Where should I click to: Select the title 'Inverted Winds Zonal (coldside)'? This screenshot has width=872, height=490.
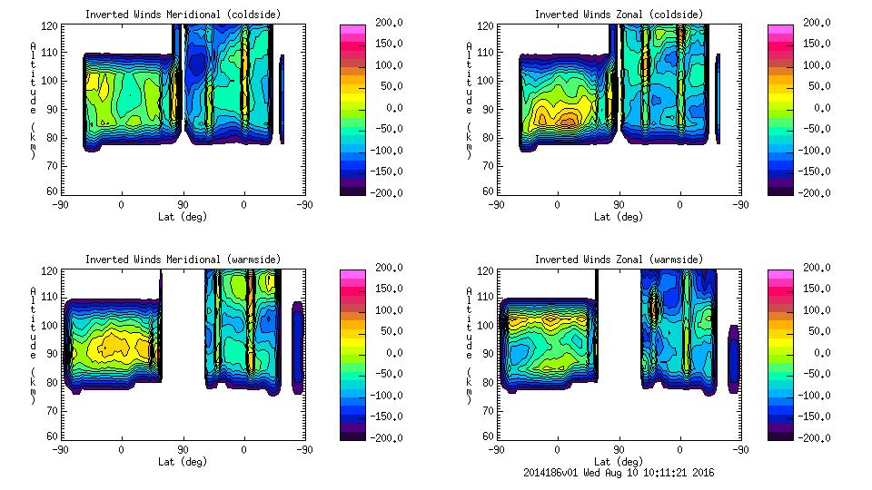(618, 15)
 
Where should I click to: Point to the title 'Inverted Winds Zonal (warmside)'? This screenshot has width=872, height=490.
(618, 260)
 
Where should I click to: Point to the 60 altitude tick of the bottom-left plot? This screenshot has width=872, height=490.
(54, 436)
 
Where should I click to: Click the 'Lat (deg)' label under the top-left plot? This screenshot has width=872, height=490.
(183, 217)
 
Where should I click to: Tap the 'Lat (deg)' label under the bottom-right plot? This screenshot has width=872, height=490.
(618, 461)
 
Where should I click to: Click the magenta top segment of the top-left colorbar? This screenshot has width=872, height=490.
(352, 31)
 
